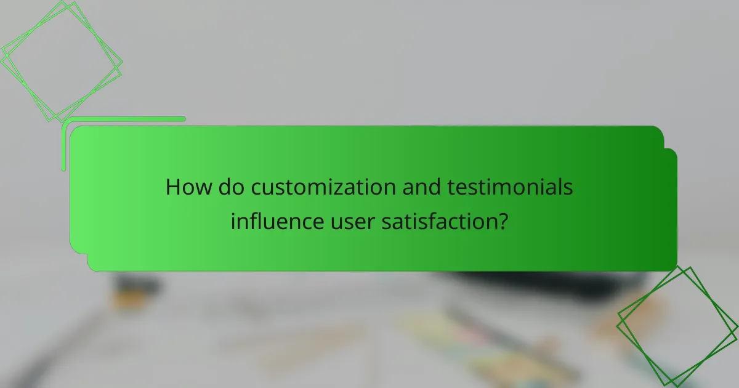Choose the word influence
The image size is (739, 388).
pos(275,220)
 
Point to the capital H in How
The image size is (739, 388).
pos(173,188)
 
